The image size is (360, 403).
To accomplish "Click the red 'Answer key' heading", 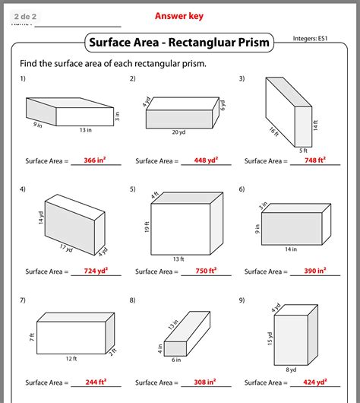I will tap(180, 15).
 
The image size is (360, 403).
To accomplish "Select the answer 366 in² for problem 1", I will tap(95, 160).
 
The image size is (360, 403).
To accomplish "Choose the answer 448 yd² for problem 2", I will tap(204, 160).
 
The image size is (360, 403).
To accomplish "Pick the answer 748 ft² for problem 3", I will tap(314, 160).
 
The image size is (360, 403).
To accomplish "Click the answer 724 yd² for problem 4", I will tap(95, 271).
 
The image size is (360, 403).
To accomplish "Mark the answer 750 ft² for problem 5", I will tap(204, 271).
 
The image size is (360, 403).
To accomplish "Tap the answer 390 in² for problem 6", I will tap(314, 271).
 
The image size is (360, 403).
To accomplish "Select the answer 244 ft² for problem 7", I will tap(95, 382).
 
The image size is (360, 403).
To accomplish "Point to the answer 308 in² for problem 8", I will tap(204, 382).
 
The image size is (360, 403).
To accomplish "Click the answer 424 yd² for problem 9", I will tap(314, 382).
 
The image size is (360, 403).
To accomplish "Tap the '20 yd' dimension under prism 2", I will tap(177, 132).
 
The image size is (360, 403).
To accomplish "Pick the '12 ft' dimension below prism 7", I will tap(71, 358).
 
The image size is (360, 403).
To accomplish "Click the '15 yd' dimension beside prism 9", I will tap(270, 338).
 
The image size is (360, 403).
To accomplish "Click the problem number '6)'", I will tap(242, 189).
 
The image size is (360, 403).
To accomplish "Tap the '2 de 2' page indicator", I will tap(25, 14).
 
